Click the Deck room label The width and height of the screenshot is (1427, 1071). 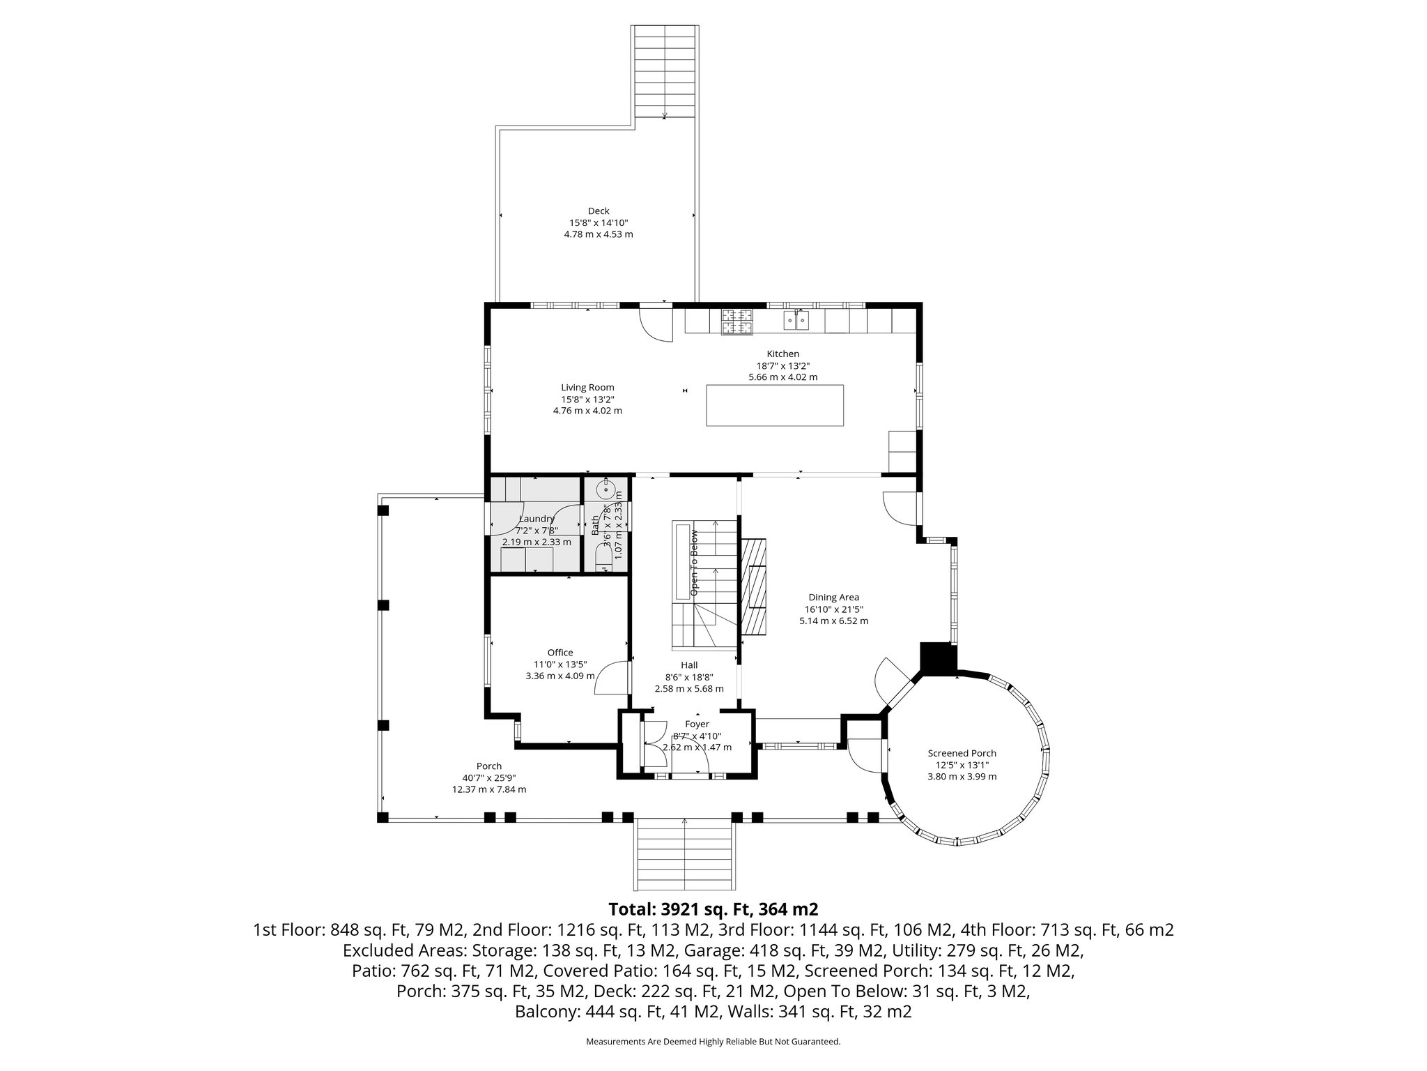(598, 211)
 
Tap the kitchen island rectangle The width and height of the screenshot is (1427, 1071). (774, 405)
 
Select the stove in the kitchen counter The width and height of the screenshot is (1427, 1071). (737, 321)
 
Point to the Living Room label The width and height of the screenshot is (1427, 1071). (587, 388)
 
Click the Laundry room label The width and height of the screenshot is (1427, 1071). (537, 519)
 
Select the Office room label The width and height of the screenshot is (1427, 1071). (560, 653)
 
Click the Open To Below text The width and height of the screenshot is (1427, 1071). (694, 563)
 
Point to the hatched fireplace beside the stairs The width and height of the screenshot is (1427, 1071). (753, 586)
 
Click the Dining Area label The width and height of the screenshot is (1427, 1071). (833, 597)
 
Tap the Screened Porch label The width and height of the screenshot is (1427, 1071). (962, 753)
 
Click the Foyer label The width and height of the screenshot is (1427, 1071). (697, 724)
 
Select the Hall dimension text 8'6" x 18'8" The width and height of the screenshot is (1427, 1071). (689, 677)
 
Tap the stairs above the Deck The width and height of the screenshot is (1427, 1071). (665, 73)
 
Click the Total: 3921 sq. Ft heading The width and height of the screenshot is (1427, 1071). (713, 909)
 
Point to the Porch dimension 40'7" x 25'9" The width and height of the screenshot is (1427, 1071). (488, 778)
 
